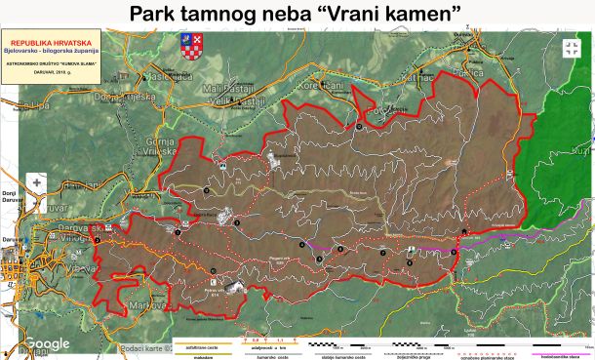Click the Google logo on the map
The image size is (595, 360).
point(46,343)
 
